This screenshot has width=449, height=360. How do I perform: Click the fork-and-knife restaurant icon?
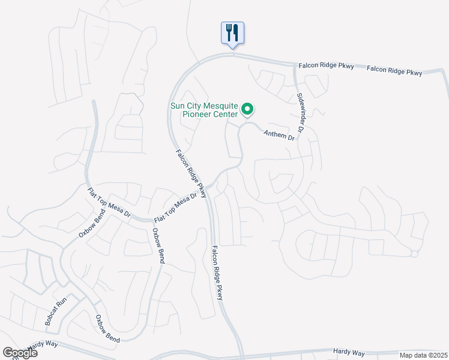[232, 32]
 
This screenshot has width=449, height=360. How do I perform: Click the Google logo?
[20, 353]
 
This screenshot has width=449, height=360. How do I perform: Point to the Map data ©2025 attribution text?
[423, 355]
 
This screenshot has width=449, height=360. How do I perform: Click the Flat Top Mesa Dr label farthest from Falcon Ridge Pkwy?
[107, 204]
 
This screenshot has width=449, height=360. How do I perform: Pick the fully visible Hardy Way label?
[349, 352]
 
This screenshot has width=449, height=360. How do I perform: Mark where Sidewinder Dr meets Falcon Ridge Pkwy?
[295, 64]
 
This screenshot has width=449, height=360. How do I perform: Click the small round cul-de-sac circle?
[414, 254]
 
